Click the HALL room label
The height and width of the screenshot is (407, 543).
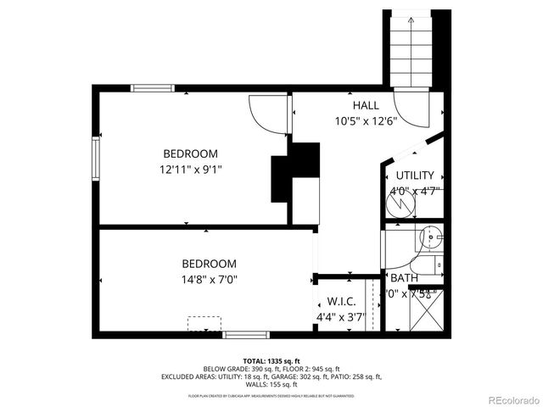[366, 105]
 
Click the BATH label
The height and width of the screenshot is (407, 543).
[404, 278]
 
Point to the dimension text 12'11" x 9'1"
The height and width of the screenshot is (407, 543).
[190, 169]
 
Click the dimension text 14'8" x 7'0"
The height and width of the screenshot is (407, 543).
[209, 279]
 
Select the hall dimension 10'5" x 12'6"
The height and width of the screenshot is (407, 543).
[366, 120]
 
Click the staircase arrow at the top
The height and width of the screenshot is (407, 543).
[410, 19]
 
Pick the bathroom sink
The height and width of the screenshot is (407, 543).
[431, 239]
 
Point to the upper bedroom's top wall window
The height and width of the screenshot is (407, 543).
[153, 87]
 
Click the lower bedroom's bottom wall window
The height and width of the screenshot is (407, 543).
[247, 335]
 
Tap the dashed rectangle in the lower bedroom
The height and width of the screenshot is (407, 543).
[204, 324]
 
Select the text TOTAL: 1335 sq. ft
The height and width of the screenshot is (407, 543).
[271, 361]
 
